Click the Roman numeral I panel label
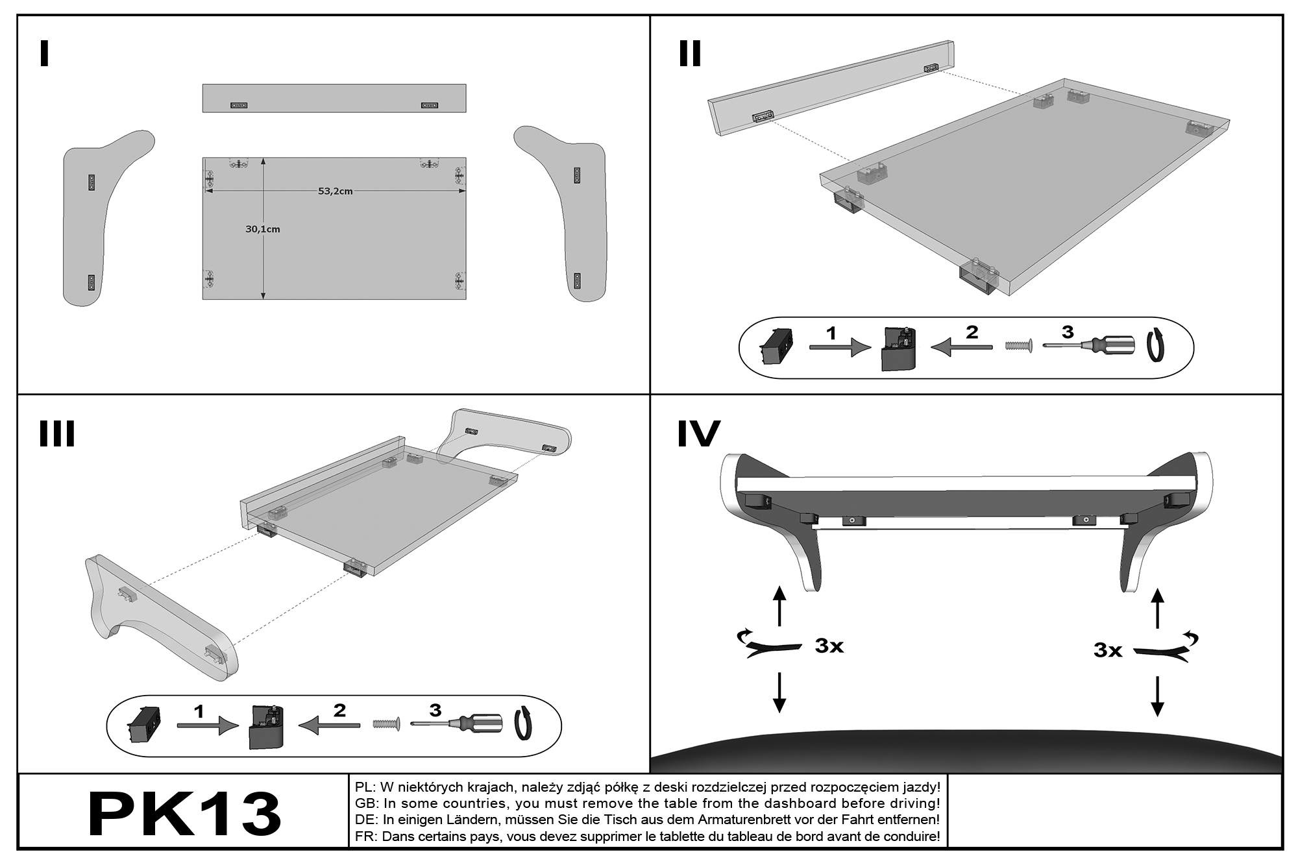[44, 54]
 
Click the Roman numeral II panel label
[690, 54]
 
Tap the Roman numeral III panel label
[57, 433]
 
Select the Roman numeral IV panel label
[698, 434]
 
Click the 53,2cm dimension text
[335, 191]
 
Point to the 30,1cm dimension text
[262, 229]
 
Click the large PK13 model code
[185, 814]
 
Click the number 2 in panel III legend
[339, 711]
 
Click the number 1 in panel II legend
[831, 334]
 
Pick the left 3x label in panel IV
[829, 646]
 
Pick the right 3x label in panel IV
[1108, 650]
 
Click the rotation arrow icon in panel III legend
[524, 724]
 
